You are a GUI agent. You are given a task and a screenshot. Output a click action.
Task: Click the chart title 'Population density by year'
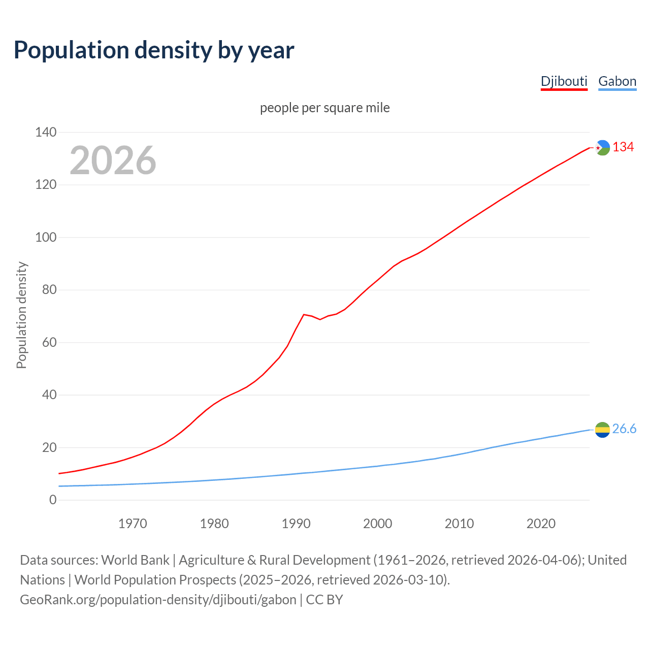point(154,50)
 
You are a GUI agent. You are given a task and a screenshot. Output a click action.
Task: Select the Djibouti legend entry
point(564,81)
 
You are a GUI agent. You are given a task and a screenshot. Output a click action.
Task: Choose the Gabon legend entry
point(617,81)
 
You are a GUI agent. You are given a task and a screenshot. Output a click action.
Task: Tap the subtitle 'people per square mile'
point(324,108)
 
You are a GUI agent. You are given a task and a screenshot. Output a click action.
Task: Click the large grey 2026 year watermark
point(113,160)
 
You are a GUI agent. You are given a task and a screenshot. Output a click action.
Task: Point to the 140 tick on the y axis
point(46,132)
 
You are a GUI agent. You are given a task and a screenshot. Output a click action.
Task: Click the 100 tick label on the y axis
point(46,237)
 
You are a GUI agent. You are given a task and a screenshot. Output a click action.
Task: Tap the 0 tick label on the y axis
point(53,500)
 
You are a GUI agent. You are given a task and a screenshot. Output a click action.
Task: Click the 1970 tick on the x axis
point(133,524)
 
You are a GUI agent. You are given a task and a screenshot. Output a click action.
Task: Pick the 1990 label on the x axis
point(296,524)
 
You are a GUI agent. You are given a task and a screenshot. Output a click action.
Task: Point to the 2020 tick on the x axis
point(541,524)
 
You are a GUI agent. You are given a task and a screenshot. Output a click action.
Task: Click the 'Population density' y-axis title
point(21,315)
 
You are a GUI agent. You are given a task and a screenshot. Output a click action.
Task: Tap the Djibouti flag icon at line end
point(602,148)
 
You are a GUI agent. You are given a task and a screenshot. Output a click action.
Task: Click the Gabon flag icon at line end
point(602,430)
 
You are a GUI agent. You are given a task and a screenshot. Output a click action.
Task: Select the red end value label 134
point(623,147)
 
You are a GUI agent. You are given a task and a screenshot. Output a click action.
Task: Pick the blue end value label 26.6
point(624,429)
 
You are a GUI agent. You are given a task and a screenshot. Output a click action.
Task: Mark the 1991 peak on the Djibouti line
point(304,314)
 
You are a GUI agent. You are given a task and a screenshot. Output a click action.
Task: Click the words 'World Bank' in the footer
point(135,560)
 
